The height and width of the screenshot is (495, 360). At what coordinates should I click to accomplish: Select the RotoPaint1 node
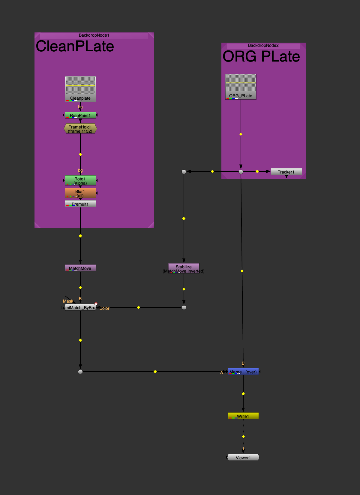pos(80,115)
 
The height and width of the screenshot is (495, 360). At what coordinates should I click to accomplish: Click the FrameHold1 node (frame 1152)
pos(80,129)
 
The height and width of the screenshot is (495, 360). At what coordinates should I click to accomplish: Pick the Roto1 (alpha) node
pos(80,180)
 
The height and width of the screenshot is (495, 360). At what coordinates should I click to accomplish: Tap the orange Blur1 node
pos(80,193)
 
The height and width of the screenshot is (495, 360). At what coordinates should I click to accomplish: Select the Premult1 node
pos(80,204)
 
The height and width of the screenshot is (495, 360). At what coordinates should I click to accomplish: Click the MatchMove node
pos(80,268)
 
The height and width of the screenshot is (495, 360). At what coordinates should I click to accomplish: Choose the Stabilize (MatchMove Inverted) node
pos(184,268)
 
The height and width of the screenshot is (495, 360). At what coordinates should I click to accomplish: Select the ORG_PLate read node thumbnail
pos(241,83)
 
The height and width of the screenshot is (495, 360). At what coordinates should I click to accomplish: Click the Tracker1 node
pos(286,172)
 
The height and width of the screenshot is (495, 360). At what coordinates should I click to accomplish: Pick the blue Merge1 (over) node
pos(243,372)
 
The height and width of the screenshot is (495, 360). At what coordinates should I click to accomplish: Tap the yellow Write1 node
pos(243,416)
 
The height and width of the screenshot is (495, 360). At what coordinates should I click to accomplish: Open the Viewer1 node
pos(243,457)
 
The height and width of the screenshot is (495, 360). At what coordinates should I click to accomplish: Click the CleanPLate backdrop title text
pos(75,47)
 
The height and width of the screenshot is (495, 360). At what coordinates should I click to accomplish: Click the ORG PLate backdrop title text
pos(261,57)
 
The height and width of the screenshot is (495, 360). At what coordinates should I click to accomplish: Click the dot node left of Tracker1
pos(241,172)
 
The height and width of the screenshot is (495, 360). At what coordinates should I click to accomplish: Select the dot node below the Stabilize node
pos(184,307)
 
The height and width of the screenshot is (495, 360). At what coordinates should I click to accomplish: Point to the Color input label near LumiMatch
pos(104,308)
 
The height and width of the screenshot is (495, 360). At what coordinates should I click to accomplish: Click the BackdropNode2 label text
pos(263,45)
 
